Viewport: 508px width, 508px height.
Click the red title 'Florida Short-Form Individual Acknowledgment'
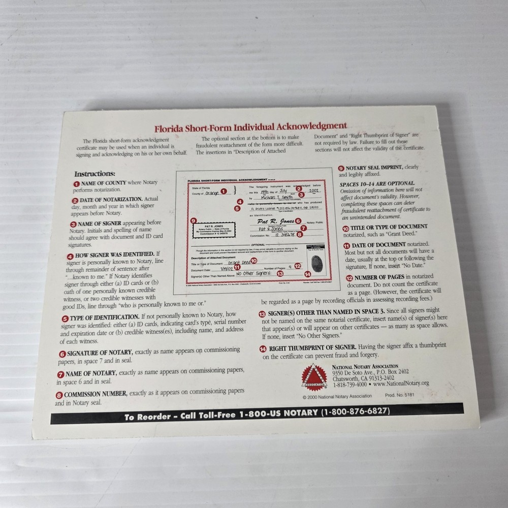coord(251,126)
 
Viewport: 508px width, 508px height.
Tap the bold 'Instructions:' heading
coord(95,173)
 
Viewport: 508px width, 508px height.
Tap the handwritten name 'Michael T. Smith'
coord(277,196)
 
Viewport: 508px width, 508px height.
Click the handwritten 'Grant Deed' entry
coord(239,263)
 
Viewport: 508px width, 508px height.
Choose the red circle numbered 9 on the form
coord(193,220)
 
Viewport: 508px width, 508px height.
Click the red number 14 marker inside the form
coord(306,274)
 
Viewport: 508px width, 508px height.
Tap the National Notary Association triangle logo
coord(314,376)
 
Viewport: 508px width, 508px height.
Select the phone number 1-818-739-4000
coord(350,385)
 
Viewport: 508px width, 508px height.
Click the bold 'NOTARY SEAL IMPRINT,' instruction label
coord(374,168)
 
